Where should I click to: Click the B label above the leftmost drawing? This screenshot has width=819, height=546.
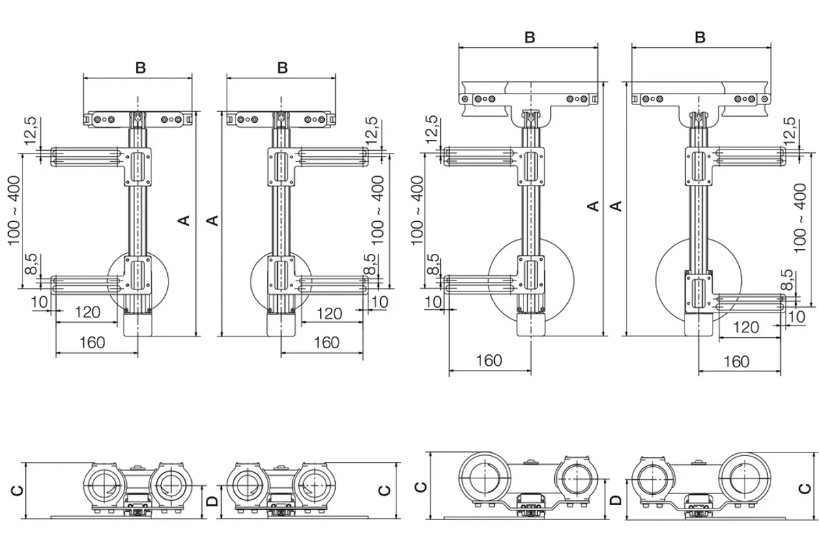pos(141,68)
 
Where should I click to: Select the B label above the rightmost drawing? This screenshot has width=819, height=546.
pos(700,38)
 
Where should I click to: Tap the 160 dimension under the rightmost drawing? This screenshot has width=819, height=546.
pos(736,362)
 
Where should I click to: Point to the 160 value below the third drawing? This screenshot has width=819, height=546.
pos(489,360)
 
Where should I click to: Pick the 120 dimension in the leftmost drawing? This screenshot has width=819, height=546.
pos(87,313)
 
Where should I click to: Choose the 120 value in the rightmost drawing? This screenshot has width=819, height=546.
pos(746,328)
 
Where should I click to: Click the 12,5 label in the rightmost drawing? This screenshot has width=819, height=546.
pos(790,131)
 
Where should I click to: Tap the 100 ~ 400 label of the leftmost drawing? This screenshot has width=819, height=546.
pos(14,211)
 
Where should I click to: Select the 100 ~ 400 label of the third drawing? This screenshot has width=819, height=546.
pos(417,211)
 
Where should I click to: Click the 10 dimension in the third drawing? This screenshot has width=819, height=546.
pos(433,302)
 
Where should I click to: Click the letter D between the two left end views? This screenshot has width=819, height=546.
pos(212,501)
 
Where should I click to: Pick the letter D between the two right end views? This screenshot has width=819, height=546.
pos(616,500)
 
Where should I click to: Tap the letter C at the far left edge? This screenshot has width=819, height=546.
pos(17,491)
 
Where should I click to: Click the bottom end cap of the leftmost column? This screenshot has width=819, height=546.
pos(137,325)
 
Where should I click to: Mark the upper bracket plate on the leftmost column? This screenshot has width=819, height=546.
pos(138,167)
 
